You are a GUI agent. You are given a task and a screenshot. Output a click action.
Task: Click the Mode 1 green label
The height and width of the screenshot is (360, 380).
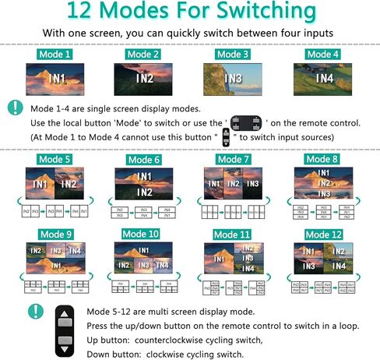tap(56, 55)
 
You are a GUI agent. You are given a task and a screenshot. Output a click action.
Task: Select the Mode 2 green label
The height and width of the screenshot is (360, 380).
tap(143, 55)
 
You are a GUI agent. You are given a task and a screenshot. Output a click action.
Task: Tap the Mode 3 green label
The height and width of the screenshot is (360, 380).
tap(233, 55)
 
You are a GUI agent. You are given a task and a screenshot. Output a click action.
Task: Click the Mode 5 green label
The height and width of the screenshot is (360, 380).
tap(56, 160)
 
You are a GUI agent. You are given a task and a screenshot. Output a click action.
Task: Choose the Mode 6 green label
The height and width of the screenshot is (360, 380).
tap(144, 160)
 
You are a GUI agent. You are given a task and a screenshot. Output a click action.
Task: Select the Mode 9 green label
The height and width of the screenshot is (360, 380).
tap(56, 233)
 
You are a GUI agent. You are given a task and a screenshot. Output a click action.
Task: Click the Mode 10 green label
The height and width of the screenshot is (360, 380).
tap(144, 233)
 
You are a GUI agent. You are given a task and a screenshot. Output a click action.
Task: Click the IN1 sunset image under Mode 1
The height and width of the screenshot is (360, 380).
tap(55, 78)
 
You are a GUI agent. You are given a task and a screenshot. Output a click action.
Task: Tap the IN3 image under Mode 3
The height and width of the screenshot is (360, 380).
tap(233, 78)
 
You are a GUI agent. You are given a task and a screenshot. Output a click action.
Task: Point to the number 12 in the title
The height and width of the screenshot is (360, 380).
tap(83, 12)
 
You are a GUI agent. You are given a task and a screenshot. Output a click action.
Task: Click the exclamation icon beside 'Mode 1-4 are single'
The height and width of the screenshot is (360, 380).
tap(15, 108)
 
